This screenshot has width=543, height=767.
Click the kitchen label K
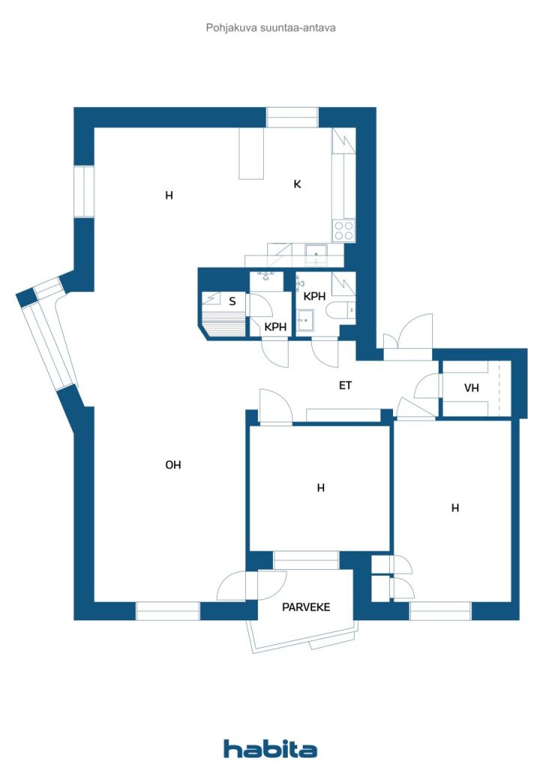click(x=297, y=184)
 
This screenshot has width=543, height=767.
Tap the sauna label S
click(x=232, y=302)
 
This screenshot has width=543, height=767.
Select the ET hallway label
click(x=345, y=386)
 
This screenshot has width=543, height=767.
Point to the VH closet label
click(x=471, y=388)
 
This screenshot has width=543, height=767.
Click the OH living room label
click(x=173, y=465)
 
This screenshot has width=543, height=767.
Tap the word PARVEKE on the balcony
click(x=306, y=607)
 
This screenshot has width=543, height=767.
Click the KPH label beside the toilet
click(x=314, y=297)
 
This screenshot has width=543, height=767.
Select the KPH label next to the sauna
click(x=276, y=327)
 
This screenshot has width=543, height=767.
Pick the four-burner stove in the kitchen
click(x=343, y=230)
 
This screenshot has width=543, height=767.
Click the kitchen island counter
click(x=251, y=154)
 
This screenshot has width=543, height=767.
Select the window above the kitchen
click(x=292, y=118)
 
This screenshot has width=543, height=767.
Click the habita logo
click(x=270, y=748)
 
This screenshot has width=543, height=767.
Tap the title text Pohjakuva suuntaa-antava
click(x=270, y=28)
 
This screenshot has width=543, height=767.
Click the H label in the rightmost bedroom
click(x=454, y=508)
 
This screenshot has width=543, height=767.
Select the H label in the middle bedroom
click(x=320, y=488)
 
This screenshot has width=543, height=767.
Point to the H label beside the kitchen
click(x=169, y=196)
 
